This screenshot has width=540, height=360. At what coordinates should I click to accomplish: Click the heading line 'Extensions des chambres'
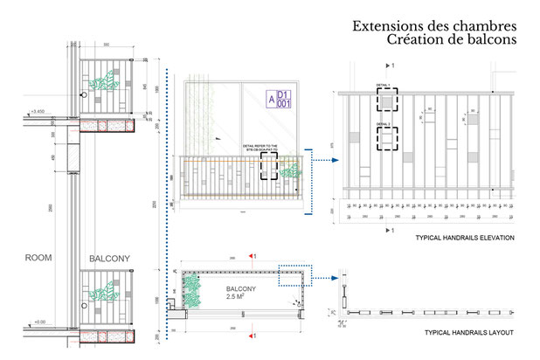433,26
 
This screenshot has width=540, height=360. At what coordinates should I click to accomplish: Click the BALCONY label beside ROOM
109,260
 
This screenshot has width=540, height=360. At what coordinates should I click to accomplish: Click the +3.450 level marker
37,112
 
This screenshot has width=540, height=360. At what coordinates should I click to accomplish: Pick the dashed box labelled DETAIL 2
385,141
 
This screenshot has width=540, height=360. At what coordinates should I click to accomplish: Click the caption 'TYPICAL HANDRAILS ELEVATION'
466,238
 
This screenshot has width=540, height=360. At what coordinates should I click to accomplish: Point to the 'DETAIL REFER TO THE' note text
260,146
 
